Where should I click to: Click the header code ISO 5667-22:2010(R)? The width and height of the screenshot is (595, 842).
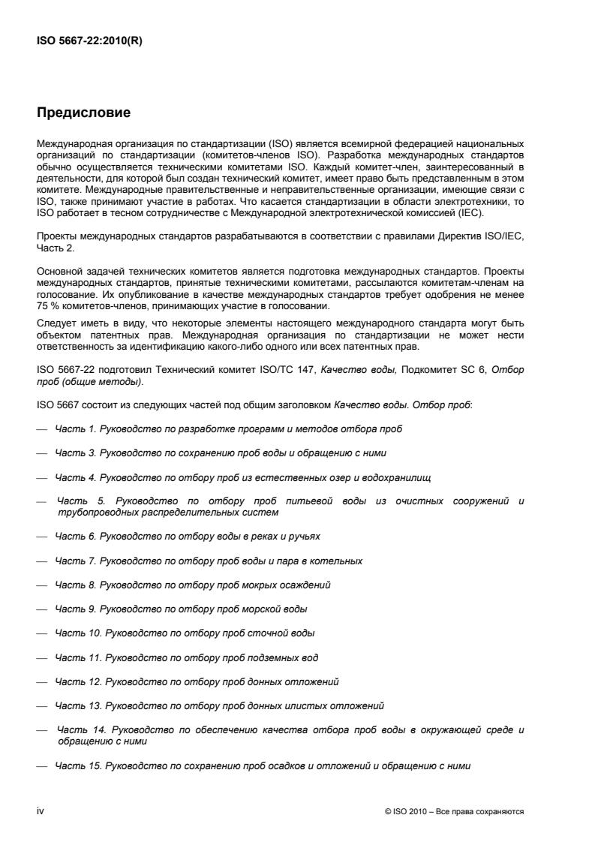[89, 42]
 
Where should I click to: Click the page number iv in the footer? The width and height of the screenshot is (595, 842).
[41, 811]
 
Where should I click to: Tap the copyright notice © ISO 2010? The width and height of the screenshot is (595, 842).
[411, 812]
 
